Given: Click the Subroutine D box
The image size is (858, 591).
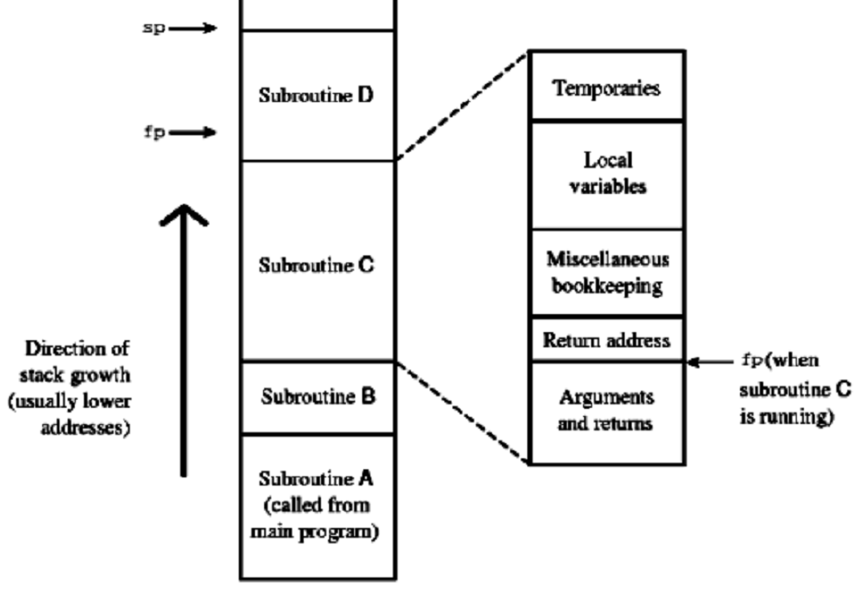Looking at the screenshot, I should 316,96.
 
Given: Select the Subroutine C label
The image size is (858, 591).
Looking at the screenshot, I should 316,266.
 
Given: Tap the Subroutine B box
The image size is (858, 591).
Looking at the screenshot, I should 316,397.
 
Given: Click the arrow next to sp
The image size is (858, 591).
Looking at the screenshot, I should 194,29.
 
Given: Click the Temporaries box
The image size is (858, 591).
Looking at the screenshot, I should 607,88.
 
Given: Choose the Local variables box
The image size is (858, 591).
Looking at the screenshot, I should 607,174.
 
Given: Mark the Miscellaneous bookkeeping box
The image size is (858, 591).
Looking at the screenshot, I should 607,272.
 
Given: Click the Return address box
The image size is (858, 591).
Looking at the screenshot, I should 607,340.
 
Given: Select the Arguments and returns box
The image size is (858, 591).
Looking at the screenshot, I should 607,411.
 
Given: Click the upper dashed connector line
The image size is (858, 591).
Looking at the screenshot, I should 462,106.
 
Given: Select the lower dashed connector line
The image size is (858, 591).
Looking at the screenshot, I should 462,412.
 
